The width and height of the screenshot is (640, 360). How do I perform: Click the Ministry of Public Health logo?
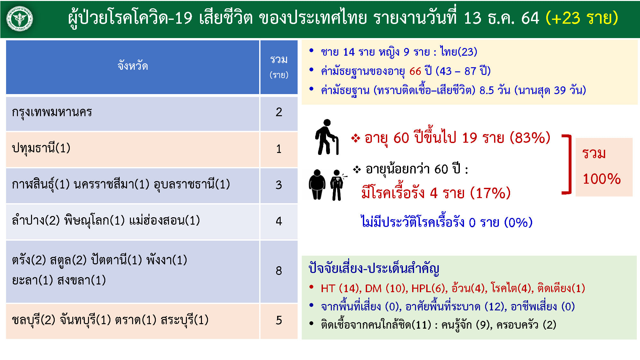[20, 19]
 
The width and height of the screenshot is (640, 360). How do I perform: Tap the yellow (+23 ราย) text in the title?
[582, 18]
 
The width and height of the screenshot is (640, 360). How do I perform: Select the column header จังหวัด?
[132, 66]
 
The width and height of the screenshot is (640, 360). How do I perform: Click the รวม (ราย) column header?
[279, 67]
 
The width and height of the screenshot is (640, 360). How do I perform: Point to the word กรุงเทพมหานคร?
[52, 112]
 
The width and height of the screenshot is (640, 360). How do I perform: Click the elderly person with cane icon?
[327, 137]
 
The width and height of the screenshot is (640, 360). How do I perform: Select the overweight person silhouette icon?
[317, 185]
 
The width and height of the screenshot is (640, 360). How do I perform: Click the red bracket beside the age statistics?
[567, 164]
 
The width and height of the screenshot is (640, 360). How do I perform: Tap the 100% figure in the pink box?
[602, 179]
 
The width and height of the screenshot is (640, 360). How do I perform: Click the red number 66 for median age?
[415, 71]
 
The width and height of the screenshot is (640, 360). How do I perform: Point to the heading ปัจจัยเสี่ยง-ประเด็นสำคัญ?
[374, 268]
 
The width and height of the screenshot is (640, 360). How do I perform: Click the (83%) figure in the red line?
[530, 138]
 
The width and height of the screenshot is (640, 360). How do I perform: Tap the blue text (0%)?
[518, 222]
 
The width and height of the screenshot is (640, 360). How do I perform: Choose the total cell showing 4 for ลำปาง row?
[279, 221]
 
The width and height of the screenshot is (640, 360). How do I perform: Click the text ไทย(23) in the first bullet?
[459, 52]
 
